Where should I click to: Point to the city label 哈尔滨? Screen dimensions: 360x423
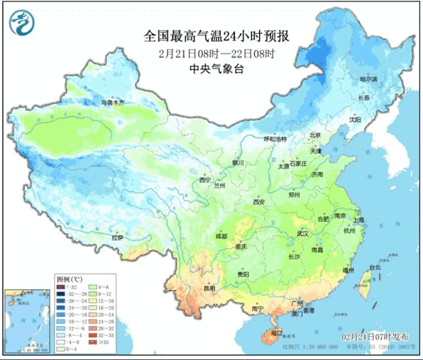[x=369, y=78]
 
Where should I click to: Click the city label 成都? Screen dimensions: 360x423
[x=220, y=236]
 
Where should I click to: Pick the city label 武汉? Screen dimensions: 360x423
[x=303, y=233]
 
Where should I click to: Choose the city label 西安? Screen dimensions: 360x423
[x=260, y=202]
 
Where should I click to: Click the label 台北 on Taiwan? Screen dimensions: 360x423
[x=376, y=267]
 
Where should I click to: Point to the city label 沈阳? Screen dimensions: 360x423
[x=355, y=119]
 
